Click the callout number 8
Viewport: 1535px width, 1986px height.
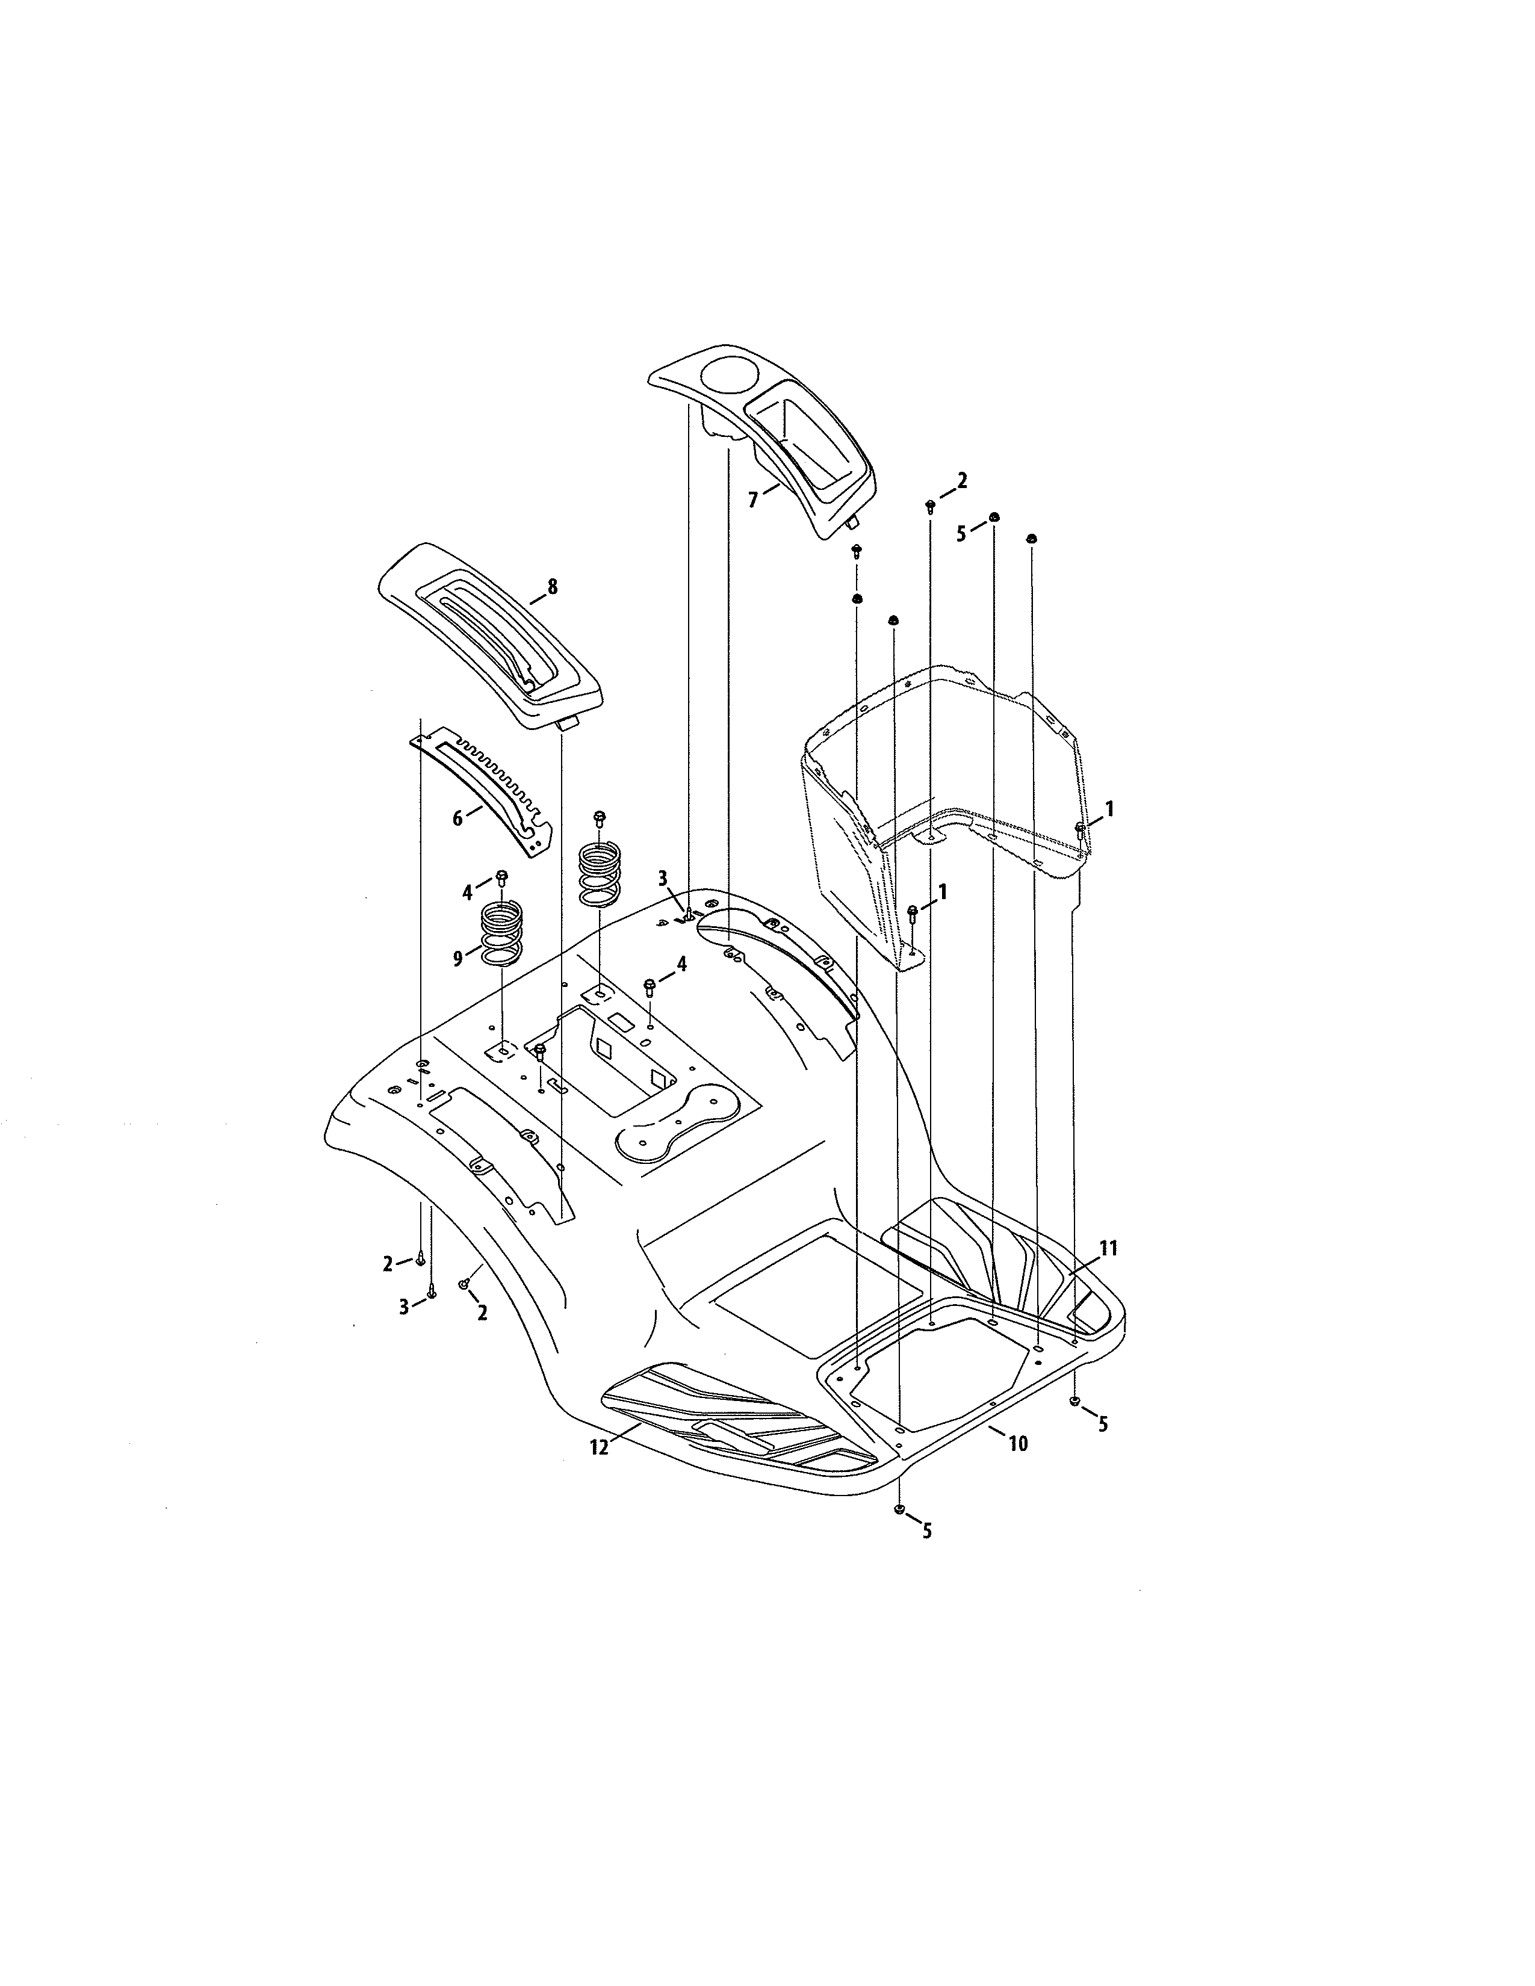click(x=552, y=587)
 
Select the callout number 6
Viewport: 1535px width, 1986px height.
click(x=457, y=818)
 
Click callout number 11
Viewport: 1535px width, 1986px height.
click(x=1108, y=1249)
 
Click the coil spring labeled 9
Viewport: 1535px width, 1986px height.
click(x=501, y=934)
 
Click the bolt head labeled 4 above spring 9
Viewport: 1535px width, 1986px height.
click(x=501, y=877)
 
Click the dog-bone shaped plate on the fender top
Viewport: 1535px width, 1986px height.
click(x=677, y=1123)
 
